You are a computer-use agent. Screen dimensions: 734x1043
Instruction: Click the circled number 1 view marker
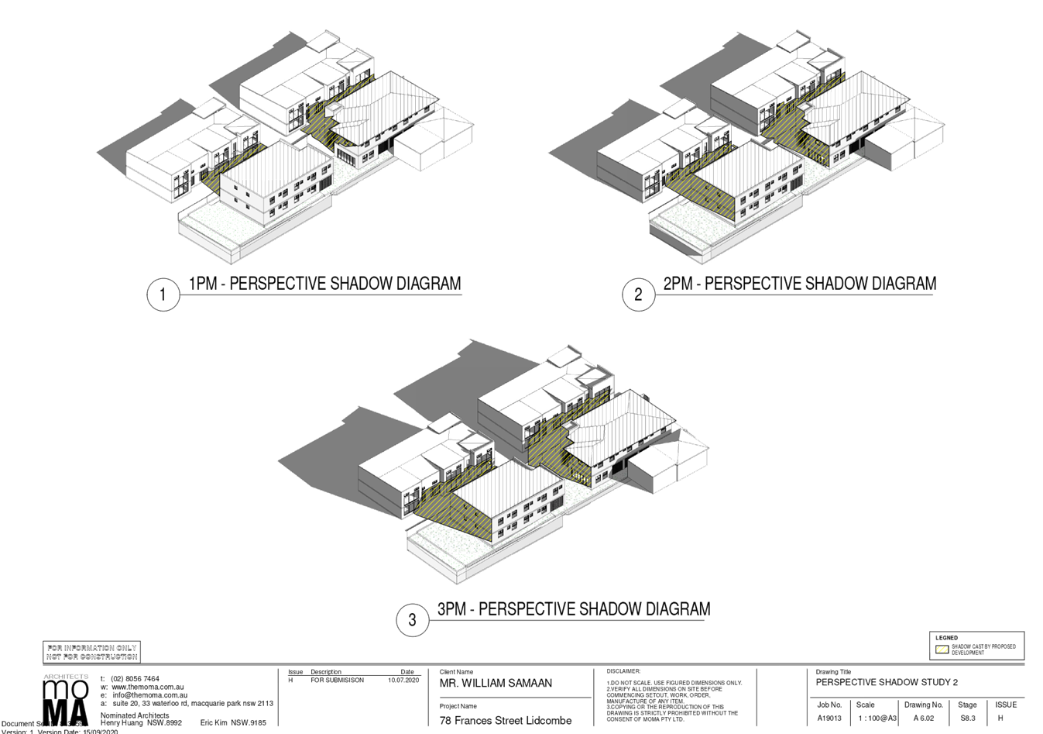pyautogui.click(x=163, y=295)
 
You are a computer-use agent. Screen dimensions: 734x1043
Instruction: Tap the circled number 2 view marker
pyautogui.click(x=638, y=295)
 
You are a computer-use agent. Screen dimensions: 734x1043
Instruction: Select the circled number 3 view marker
pyautogui.click(x=412, y=620)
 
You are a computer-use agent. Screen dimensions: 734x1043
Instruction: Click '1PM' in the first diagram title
pyautogui.click(x=204, y=284)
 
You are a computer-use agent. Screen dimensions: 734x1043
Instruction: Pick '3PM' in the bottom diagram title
pyautogui.click(x=453, y=609)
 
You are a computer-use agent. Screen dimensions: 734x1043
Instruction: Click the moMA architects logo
pyautogui.click(x=66, y=702)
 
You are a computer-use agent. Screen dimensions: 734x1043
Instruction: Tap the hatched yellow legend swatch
pyautogui.click(x=942, y=650)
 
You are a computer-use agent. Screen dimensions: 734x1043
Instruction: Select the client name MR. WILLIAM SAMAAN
pyautogui.click(x=496, y=683)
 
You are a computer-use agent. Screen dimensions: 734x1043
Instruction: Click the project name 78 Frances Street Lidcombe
pyautogui.click(x=506, y=721)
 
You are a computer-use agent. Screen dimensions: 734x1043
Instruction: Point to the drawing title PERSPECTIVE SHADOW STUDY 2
pyautogui.click(x=887, y=683)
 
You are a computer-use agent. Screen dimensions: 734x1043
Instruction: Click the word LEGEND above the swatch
pyautogui.click(x=946, y=638)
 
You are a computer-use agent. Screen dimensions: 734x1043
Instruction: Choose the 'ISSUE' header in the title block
pyautogui.click(x=1007, y=705)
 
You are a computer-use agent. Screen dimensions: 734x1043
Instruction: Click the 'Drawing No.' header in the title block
pyautogui.click(x=923, y=705)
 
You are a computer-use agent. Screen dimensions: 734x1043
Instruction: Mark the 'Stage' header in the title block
pyautogui.click(x=967, y=705)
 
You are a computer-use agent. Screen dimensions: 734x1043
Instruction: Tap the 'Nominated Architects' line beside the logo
pyautogui.click(x=135, y=714)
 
